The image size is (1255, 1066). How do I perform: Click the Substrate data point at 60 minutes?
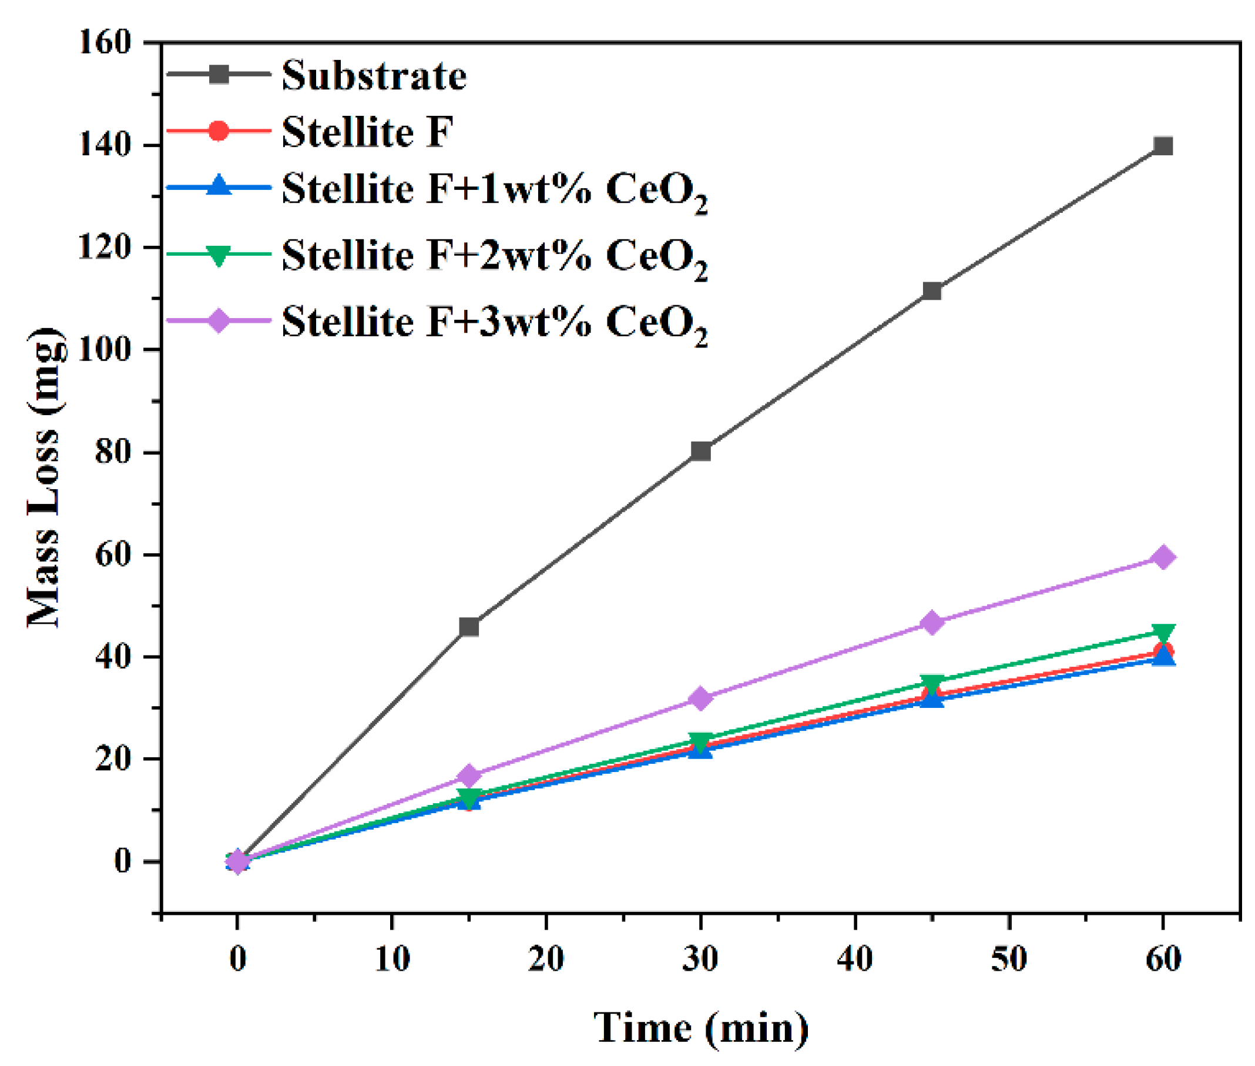[x=1162, y=146]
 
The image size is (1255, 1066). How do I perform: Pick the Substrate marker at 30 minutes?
[x=700, y=451]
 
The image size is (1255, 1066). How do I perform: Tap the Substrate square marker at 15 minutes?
[x=469, y=627]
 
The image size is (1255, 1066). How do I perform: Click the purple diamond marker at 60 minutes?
[x=1162, y=557]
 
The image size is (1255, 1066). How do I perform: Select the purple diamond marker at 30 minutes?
[x=700, y=698]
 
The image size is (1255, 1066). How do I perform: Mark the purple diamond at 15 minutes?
[x=469, y=776]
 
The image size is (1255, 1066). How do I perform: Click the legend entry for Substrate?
[x=374, y=75]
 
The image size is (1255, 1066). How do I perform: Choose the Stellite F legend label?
[x=367, y=131]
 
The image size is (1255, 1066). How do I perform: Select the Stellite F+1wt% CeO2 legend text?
[x=494, y=191]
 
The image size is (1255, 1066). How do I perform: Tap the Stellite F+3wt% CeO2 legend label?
[x=494, y=322]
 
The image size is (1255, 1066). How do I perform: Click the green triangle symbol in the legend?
[x=218, y=255]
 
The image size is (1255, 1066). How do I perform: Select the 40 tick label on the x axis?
[x=854, y=958]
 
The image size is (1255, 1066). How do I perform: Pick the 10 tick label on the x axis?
[x=392, y=958]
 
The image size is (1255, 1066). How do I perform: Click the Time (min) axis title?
[x=700, y=1027]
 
